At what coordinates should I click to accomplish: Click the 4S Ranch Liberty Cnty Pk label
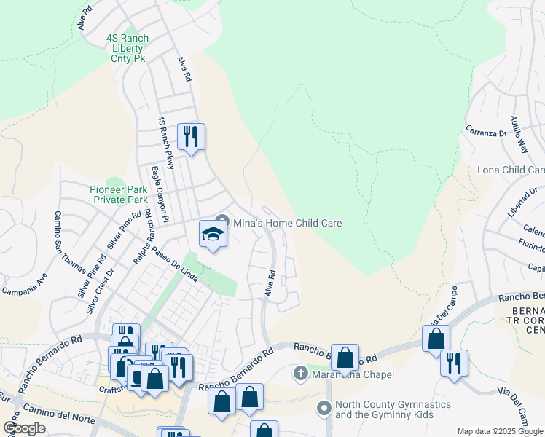[128, 48]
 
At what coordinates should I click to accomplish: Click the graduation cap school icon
[213, 234]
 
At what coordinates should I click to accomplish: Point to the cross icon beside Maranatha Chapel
[300, 374]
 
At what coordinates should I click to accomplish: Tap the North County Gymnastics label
[393, 409]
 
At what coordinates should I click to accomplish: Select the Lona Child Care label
[511, 170]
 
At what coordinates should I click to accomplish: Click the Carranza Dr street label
[486, 133]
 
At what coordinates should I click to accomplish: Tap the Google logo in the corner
[25, 428]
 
